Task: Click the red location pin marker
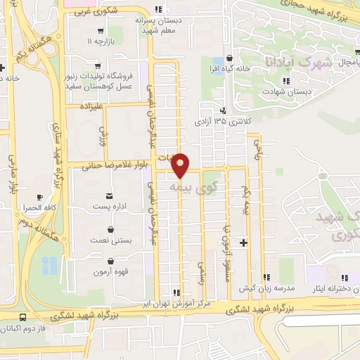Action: (181, 165)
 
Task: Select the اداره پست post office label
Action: (109, 207)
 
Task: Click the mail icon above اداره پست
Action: (109, 195)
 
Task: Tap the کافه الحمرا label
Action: (38, 208)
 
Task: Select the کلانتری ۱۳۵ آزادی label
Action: (222, 121)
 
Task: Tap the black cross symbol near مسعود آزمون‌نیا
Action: (243, 243)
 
